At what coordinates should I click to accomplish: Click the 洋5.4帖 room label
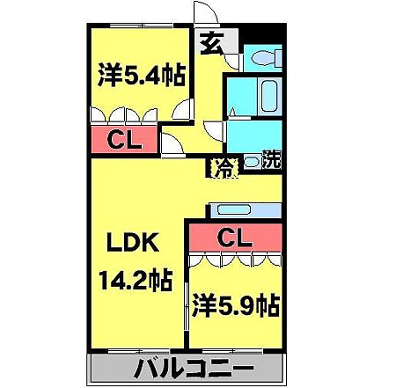point(142,76)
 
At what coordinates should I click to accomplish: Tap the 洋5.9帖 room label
point(235,306)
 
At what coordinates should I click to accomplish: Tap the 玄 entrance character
point(211,42)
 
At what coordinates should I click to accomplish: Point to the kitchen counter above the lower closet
point(245,210)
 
